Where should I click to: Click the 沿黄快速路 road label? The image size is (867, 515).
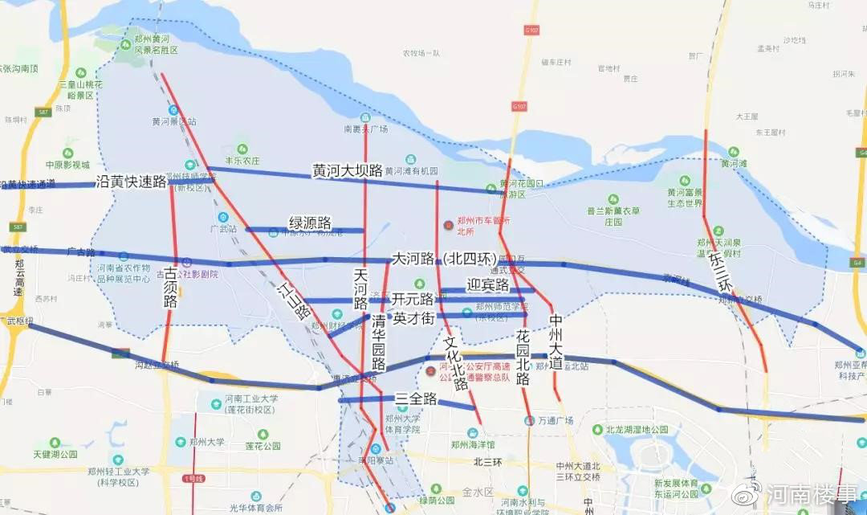pos(131,182)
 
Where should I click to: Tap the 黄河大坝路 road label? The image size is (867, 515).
pos(348,170)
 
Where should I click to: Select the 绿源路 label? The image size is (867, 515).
pos(311,223)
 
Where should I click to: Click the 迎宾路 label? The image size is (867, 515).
pos(487,285)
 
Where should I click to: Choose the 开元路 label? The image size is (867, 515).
pos(413,300)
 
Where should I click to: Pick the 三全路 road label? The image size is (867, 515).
pos(416,399)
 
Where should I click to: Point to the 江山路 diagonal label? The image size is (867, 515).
pos(294,300)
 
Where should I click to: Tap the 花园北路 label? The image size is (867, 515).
pos(523,358)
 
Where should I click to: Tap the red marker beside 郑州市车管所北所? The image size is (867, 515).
pos(449,222)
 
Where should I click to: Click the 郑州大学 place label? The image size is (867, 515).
pos(207,442)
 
